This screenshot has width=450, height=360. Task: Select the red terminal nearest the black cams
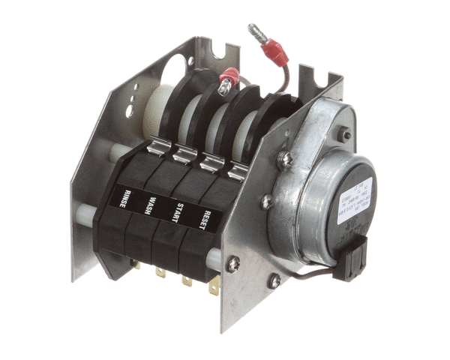tap(227, 78)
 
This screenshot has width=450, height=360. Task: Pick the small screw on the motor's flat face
tap(346, 136)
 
